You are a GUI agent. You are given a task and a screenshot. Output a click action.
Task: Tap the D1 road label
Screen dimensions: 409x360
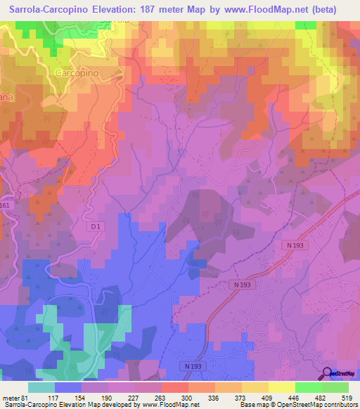click(96, 226)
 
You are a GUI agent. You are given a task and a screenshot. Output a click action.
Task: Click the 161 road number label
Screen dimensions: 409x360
click(4, 205)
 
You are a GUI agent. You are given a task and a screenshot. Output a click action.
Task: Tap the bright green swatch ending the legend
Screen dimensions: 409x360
click(335, 387)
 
